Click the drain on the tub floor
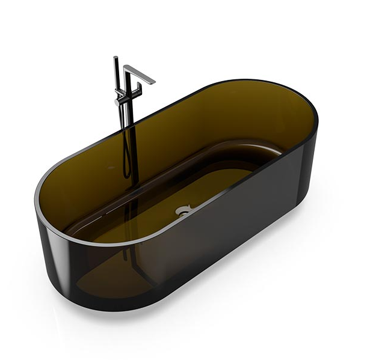point(182,210)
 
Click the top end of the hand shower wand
point(115,58)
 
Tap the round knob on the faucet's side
point(117,103)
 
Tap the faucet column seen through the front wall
point(130,252)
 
